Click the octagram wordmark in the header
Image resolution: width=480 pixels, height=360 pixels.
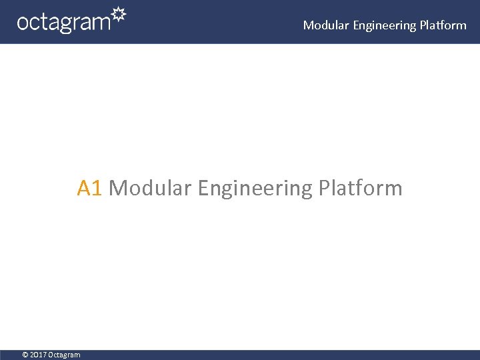[x=63, y=23]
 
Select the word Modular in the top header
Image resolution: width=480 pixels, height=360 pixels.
[x=326, y=25]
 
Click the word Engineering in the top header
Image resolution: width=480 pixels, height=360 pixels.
[x=384, y=25]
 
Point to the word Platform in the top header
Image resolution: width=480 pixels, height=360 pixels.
[x=443, y=25]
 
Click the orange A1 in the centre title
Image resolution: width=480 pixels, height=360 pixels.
[x=89, y=189]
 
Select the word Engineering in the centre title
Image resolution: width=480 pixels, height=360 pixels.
[x=255, y=189]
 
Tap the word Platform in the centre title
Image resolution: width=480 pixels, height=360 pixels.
[x=360, y=189]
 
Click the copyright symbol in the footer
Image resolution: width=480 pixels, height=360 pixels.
[x=25, y=355]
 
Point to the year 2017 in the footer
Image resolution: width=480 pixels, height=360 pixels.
[x=38, y=355]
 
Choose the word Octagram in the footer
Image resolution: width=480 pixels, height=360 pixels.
[x=64, y=355]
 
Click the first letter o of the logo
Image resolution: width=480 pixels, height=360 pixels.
[x=23, y=23]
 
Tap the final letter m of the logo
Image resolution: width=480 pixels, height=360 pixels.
[x=101, y=23]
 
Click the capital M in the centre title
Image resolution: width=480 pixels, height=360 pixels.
[x=117, y=189]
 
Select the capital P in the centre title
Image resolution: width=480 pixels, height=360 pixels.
[x=324, y=189]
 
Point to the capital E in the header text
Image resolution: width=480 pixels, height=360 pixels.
[x=356, y=25]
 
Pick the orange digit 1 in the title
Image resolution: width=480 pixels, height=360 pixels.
[x=96, y=189]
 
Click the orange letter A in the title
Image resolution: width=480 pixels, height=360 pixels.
[x=84, y=189]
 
